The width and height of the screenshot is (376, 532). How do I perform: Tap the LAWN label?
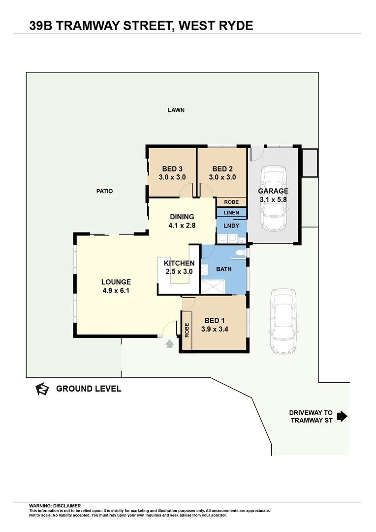pyautogui.click(x=176, y=110)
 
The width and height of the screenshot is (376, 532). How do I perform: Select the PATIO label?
pyautogui.click(x=104, y=191)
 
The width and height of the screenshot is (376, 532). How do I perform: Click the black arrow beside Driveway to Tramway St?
pyautogui.click(x=342, y=417)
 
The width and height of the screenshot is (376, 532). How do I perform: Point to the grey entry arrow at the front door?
pyautogui.click(x=169, y=343)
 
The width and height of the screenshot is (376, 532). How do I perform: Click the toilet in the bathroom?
pyautogui.click(x=240, y=253)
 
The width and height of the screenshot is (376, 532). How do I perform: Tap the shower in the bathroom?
pyautogui.click(x=213, y=287)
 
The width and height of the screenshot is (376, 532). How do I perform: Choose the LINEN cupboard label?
pyautogui.click(x=231, y=213)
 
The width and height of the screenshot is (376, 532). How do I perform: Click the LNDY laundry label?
pyautogui.click(x=231, y=226)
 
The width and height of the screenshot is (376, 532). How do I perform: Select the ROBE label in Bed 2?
pyautogui.click(x=231, y=202)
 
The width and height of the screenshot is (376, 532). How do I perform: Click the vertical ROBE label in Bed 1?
pyautogui.click(x=187, y=330)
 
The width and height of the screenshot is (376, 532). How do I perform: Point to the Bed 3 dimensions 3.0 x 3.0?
pyautogui.click(x=172, y=177)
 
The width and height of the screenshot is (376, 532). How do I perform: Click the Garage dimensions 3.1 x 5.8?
pyautogui.click(x=273, y=199)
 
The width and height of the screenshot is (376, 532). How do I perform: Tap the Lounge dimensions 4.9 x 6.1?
pyautogui.click(x=116, y=291)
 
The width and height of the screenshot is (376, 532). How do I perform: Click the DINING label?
pyautogui.click(x=182, y=217)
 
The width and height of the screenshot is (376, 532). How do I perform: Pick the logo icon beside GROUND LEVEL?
pyautogui.click(x=42, y=389)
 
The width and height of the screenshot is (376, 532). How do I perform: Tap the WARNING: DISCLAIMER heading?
pyautogui.click(x=55, y=505)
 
